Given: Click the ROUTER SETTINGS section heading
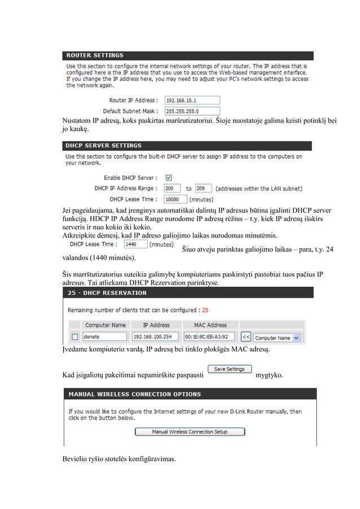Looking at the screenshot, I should point(95,55).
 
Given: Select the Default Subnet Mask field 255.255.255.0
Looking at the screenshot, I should point(191,111).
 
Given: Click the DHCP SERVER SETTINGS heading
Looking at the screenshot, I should point(104,146).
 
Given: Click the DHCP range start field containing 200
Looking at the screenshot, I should point(172,188).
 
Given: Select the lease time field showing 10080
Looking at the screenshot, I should point(175,199).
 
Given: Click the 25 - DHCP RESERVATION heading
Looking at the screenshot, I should point(107,293).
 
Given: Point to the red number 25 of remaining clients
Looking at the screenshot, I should point(205,310).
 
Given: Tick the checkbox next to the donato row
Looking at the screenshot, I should point(73,337).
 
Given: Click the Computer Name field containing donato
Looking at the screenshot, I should point(104,337).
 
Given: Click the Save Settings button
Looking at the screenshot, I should point(229,369).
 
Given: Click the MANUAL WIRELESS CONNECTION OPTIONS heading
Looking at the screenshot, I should point(133,394).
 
